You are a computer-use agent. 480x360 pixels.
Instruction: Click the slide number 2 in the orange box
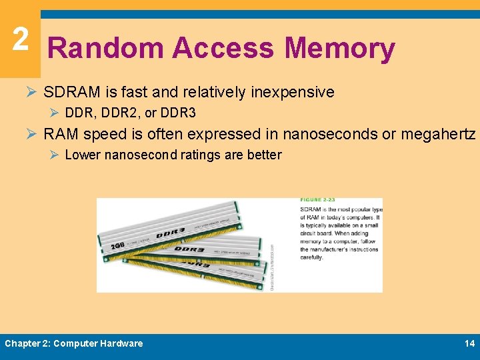point(20,39)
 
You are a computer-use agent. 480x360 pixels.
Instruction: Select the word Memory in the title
point(340,49)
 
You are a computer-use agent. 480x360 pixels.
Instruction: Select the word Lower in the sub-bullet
point(82,155)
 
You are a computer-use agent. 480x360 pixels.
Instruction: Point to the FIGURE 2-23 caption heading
point(318,200)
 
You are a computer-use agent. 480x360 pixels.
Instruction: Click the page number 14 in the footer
point(469,343)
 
